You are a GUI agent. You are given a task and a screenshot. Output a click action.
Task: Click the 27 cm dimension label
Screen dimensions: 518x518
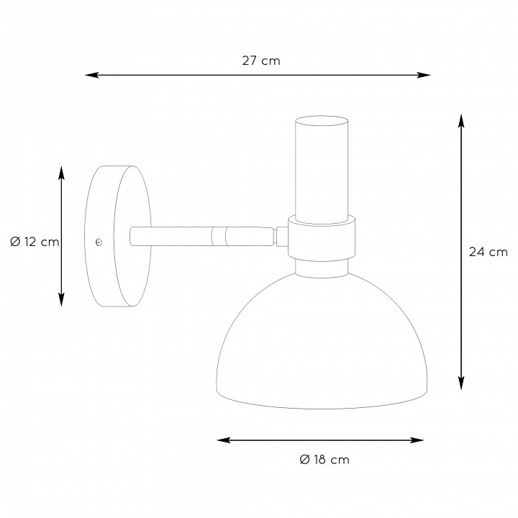261,60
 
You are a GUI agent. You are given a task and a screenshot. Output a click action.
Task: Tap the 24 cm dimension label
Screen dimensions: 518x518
488,252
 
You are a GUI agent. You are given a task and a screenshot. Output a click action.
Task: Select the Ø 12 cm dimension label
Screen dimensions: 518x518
35,242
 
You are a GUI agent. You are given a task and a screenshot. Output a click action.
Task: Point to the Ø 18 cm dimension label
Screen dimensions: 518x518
324,460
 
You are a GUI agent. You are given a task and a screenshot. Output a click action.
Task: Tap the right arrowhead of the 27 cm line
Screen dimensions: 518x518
424,75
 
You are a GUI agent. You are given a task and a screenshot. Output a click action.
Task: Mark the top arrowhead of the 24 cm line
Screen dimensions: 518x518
461,121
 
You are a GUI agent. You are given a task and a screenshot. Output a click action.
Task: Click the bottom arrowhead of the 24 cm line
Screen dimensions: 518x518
461,383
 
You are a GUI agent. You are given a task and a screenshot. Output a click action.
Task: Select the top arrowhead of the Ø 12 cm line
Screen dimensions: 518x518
61,173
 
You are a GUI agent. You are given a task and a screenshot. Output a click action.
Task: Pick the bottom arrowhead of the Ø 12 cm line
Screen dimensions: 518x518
61,299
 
